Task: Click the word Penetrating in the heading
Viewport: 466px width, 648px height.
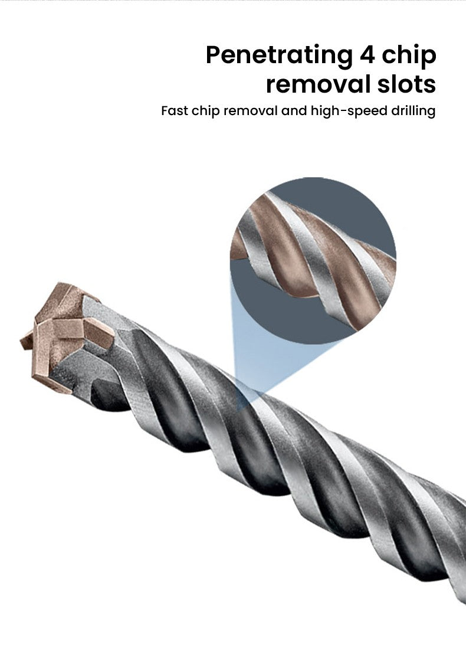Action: click(x=279, y=56)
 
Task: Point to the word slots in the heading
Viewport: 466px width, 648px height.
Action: click(x=406, y=84)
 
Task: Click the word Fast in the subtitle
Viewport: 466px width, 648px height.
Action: click(x=175, y=111)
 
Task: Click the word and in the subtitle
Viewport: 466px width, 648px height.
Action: click(x=294, y=111)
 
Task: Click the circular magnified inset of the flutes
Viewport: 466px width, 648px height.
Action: click(x=313, y=260)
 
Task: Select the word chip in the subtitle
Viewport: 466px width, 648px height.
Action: click(x=205, y=112)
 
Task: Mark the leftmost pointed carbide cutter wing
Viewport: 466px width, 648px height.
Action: click(x=27, y=341)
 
